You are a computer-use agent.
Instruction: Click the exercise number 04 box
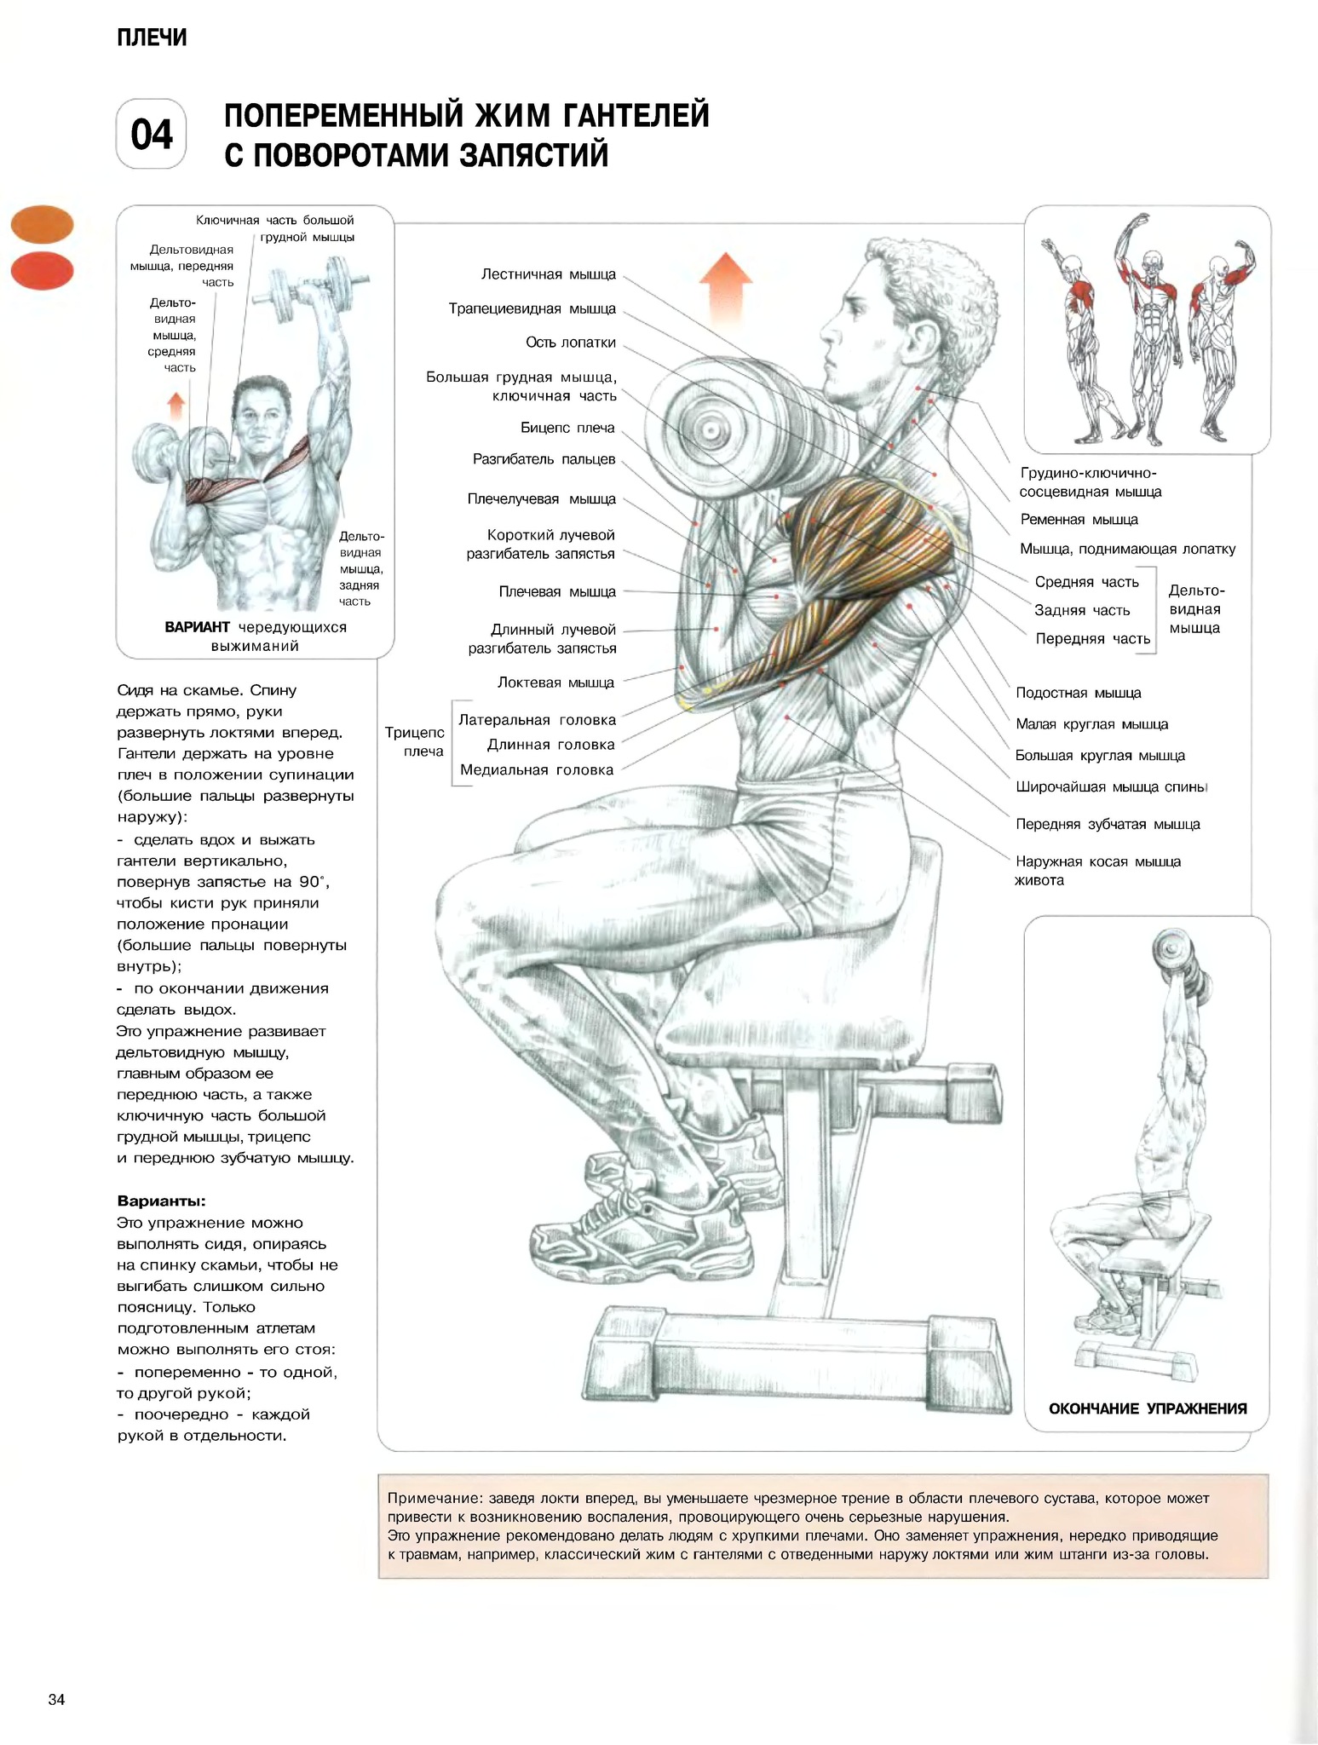click(152, 135)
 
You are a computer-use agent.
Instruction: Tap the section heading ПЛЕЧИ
click(152, 37)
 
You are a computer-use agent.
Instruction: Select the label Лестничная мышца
click(549, 274)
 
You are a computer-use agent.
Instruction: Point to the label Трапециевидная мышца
click(532, 308)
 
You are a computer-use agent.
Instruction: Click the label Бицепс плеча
click(567, 428)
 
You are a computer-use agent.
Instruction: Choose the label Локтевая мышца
click(555, 682)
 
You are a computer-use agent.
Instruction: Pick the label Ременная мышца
click(1079, 520)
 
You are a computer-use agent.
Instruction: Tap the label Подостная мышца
click(1079, 694)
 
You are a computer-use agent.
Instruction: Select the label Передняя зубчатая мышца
click(1108, 824)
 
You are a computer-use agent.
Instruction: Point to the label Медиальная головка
click(537, 770)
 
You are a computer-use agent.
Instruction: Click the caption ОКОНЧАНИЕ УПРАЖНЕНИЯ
click(1148, 1409)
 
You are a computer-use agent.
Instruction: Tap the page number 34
click(57, 1701)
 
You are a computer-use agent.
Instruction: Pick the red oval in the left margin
click(42, 271)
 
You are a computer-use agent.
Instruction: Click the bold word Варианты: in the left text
click(161, 1201)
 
